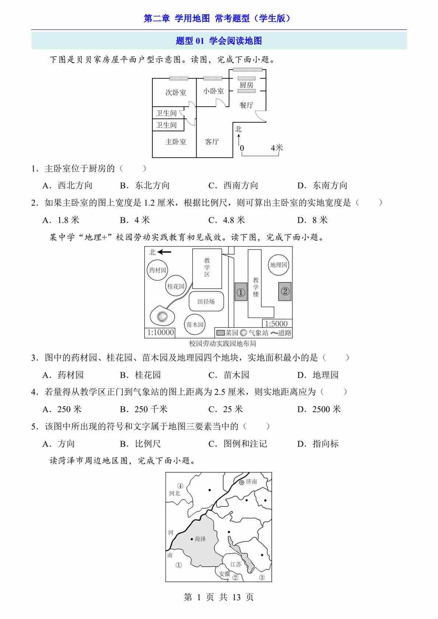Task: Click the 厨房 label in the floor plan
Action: click(246, 85)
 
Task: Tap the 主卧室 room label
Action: click(176, 142)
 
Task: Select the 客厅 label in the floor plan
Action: click(212, 141)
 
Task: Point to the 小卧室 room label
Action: click(213, 91)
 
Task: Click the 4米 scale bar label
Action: click(277, 148)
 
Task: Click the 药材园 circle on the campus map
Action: click(158, 270)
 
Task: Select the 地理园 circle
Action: click(278, 265)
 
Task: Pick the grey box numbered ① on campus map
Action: click(241, 292)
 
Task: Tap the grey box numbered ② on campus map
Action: click(285, 291)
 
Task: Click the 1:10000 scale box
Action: click(160, 332)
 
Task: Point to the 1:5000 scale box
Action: click(277, 323)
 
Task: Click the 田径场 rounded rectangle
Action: click(206, 301)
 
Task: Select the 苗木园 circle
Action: click(195, 325)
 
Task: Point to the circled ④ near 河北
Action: click(180, 486)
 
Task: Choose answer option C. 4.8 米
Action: click(227, 220)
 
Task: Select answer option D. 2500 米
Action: click(319, 409)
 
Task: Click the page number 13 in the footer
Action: click(236, 597)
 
